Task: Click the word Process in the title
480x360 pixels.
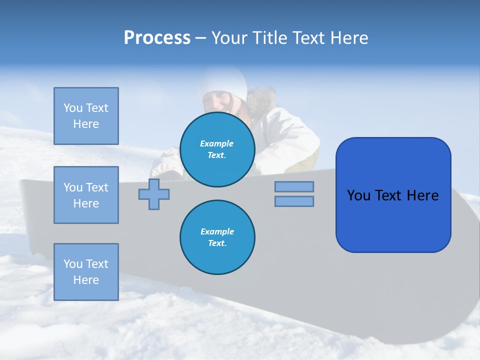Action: click(157, 38)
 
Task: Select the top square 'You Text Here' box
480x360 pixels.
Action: click(86, 116)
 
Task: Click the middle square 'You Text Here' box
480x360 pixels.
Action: click(86, 195)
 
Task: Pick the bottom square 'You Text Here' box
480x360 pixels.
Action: click(86, 272)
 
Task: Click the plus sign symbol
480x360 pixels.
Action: click(154, 194)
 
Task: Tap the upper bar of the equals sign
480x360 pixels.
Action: click(294, 186)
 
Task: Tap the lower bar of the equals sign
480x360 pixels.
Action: click(294, 201)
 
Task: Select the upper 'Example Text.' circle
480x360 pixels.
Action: click(217, 149)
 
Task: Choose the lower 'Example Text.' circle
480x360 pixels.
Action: click(217, 237)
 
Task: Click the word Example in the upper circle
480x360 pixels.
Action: click(217, 144)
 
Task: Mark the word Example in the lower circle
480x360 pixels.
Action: click(217, 232)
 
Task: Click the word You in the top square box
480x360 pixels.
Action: click(73, 108)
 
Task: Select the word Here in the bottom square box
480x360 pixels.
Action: click(86, 280)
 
